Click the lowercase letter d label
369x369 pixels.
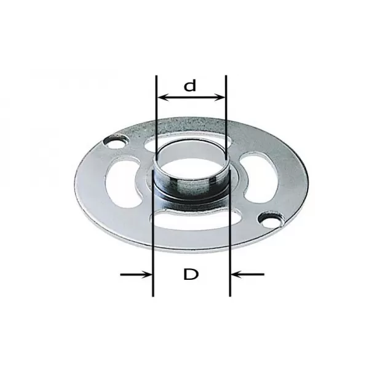(x=189, y=85)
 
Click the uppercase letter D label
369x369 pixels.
(x=191, y=274)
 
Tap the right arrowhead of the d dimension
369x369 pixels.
(x=219, y=97)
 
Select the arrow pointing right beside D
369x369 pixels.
(x=136, y=274)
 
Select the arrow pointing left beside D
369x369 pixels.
(x=248, y=274)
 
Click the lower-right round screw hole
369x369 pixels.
(x=271, y=220)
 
